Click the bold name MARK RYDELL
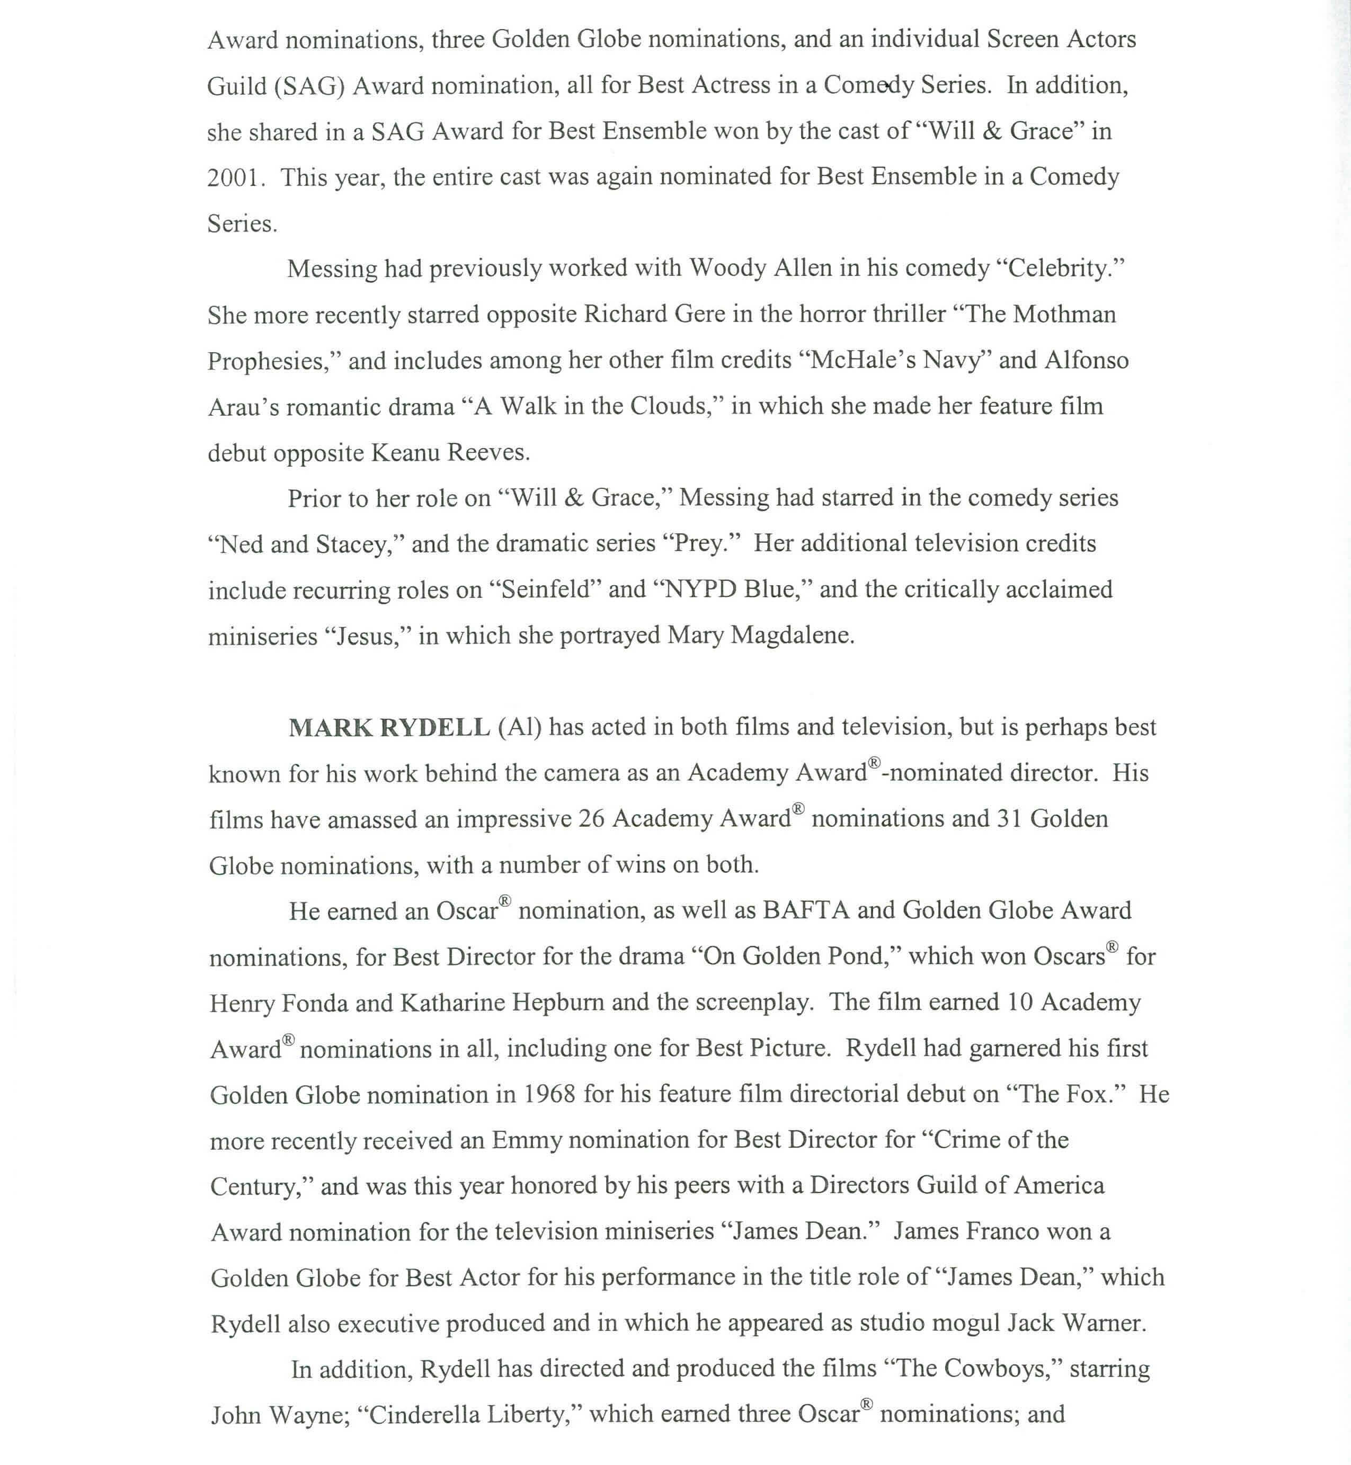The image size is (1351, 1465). tap(389, 728)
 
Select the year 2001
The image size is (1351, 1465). tap(233, 177)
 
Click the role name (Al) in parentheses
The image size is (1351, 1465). tap(519, 728)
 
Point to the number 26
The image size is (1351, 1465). tap(591, 819)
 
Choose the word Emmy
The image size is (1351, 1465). tap(527, 1140)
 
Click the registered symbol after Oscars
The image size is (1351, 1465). tap(1112, 948)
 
